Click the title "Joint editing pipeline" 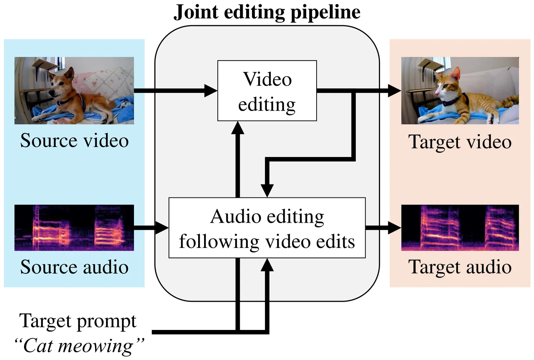point(267,12)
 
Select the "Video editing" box point(267,91)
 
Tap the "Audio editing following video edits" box point(267,228)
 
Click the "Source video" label point(74,141)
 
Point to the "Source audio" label point(74,267)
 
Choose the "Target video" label point(460,142)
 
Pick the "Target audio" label point(460,267)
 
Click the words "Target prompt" point(78,321)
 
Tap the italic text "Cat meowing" point(79,346)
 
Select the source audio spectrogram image point(74,228)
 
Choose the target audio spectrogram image point(460,228)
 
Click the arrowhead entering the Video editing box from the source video point(211,91)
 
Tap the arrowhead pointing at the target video point(395,91)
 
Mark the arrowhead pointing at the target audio point(395,228)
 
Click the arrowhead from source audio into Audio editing point(162,228)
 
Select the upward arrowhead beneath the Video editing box point(237,128)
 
